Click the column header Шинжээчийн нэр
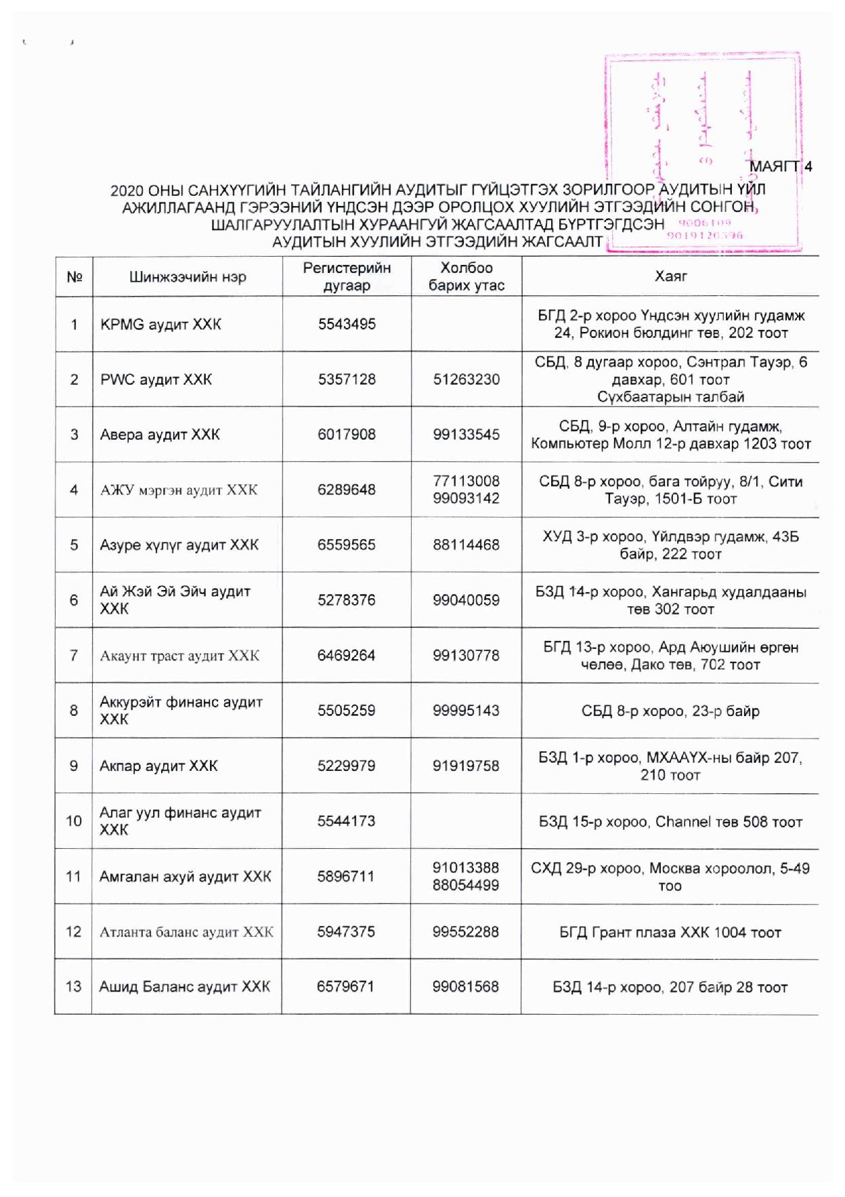188,277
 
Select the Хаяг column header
670,276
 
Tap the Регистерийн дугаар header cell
347,276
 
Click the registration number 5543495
347,324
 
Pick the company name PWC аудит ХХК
156,379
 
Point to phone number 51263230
467,379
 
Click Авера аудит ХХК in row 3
160,434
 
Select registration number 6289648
347,490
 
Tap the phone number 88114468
467,545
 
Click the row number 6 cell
74,600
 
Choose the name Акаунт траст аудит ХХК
179,656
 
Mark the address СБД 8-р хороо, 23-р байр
670,711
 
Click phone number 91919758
467,765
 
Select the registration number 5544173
346,821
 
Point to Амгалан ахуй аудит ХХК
185,877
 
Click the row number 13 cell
73,986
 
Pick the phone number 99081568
466,987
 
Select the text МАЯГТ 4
781,167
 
